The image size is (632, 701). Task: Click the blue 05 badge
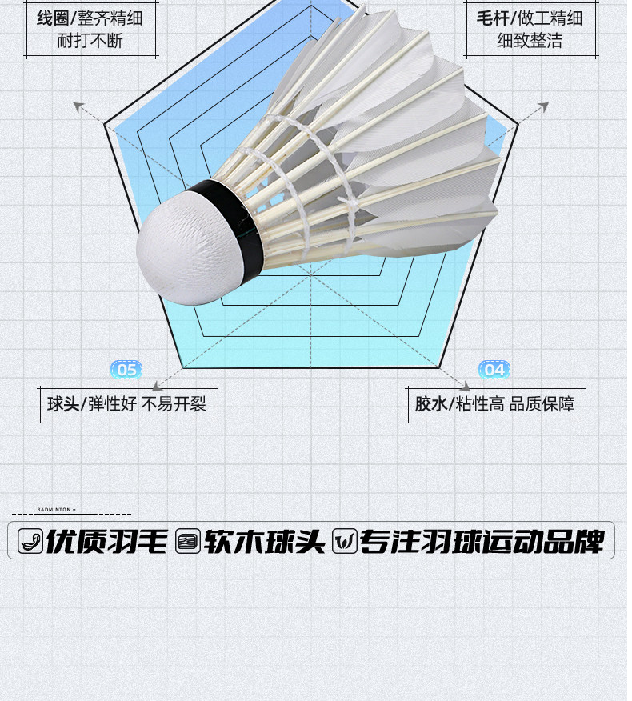(126, 369)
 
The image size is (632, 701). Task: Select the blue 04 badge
(494, 369)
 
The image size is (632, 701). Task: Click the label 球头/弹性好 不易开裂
(126, 404)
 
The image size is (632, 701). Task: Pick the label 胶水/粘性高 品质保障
(494, 404)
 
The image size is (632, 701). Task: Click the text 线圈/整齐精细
(90, 18)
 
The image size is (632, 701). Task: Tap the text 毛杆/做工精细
(530, 18)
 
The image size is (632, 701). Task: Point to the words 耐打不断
(90, 41)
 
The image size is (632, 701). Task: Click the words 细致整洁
(530, 41)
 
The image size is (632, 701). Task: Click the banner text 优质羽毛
(106, 542)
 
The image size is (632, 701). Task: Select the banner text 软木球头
(264, 542)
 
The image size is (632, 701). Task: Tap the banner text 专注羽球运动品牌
(481, 542)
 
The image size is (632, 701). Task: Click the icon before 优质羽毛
(30, 542)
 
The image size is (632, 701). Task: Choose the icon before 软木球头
(187, 542)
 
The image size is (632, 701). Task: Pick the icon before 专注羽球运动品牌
(344, 542)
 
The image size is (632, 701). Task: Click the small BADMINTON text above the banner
(55, 509)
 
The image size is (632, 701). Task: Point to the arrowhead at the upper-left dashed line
(78, 106)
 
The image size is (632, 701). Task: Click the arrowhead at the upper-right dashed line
(544, 106)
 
